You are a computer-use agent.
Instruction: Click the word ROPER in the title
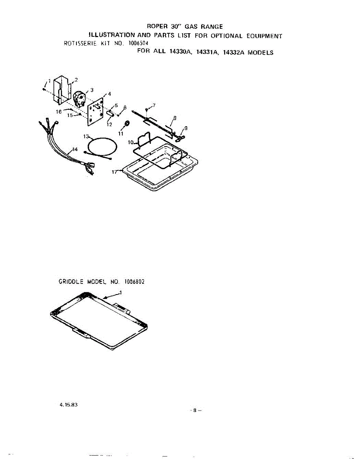(x=157, y=26)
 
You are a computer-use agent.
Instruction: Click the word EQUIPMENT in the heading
(x=264, y=36)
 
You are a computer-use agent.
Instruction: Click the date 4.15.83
(x=66, y=404)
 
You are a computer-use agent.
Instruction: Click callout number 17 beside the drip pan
(x=114, y=172)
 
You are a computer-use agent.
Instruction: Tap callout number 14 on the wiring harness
(x=75, y=150)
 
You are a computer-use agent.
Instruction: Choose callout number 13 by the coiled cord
(x=86, y=137)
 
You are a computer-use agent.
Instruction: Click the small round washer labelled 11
(x=127, y=123)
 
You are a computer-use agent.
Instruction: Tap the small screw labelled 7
(x=147, y=110)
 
